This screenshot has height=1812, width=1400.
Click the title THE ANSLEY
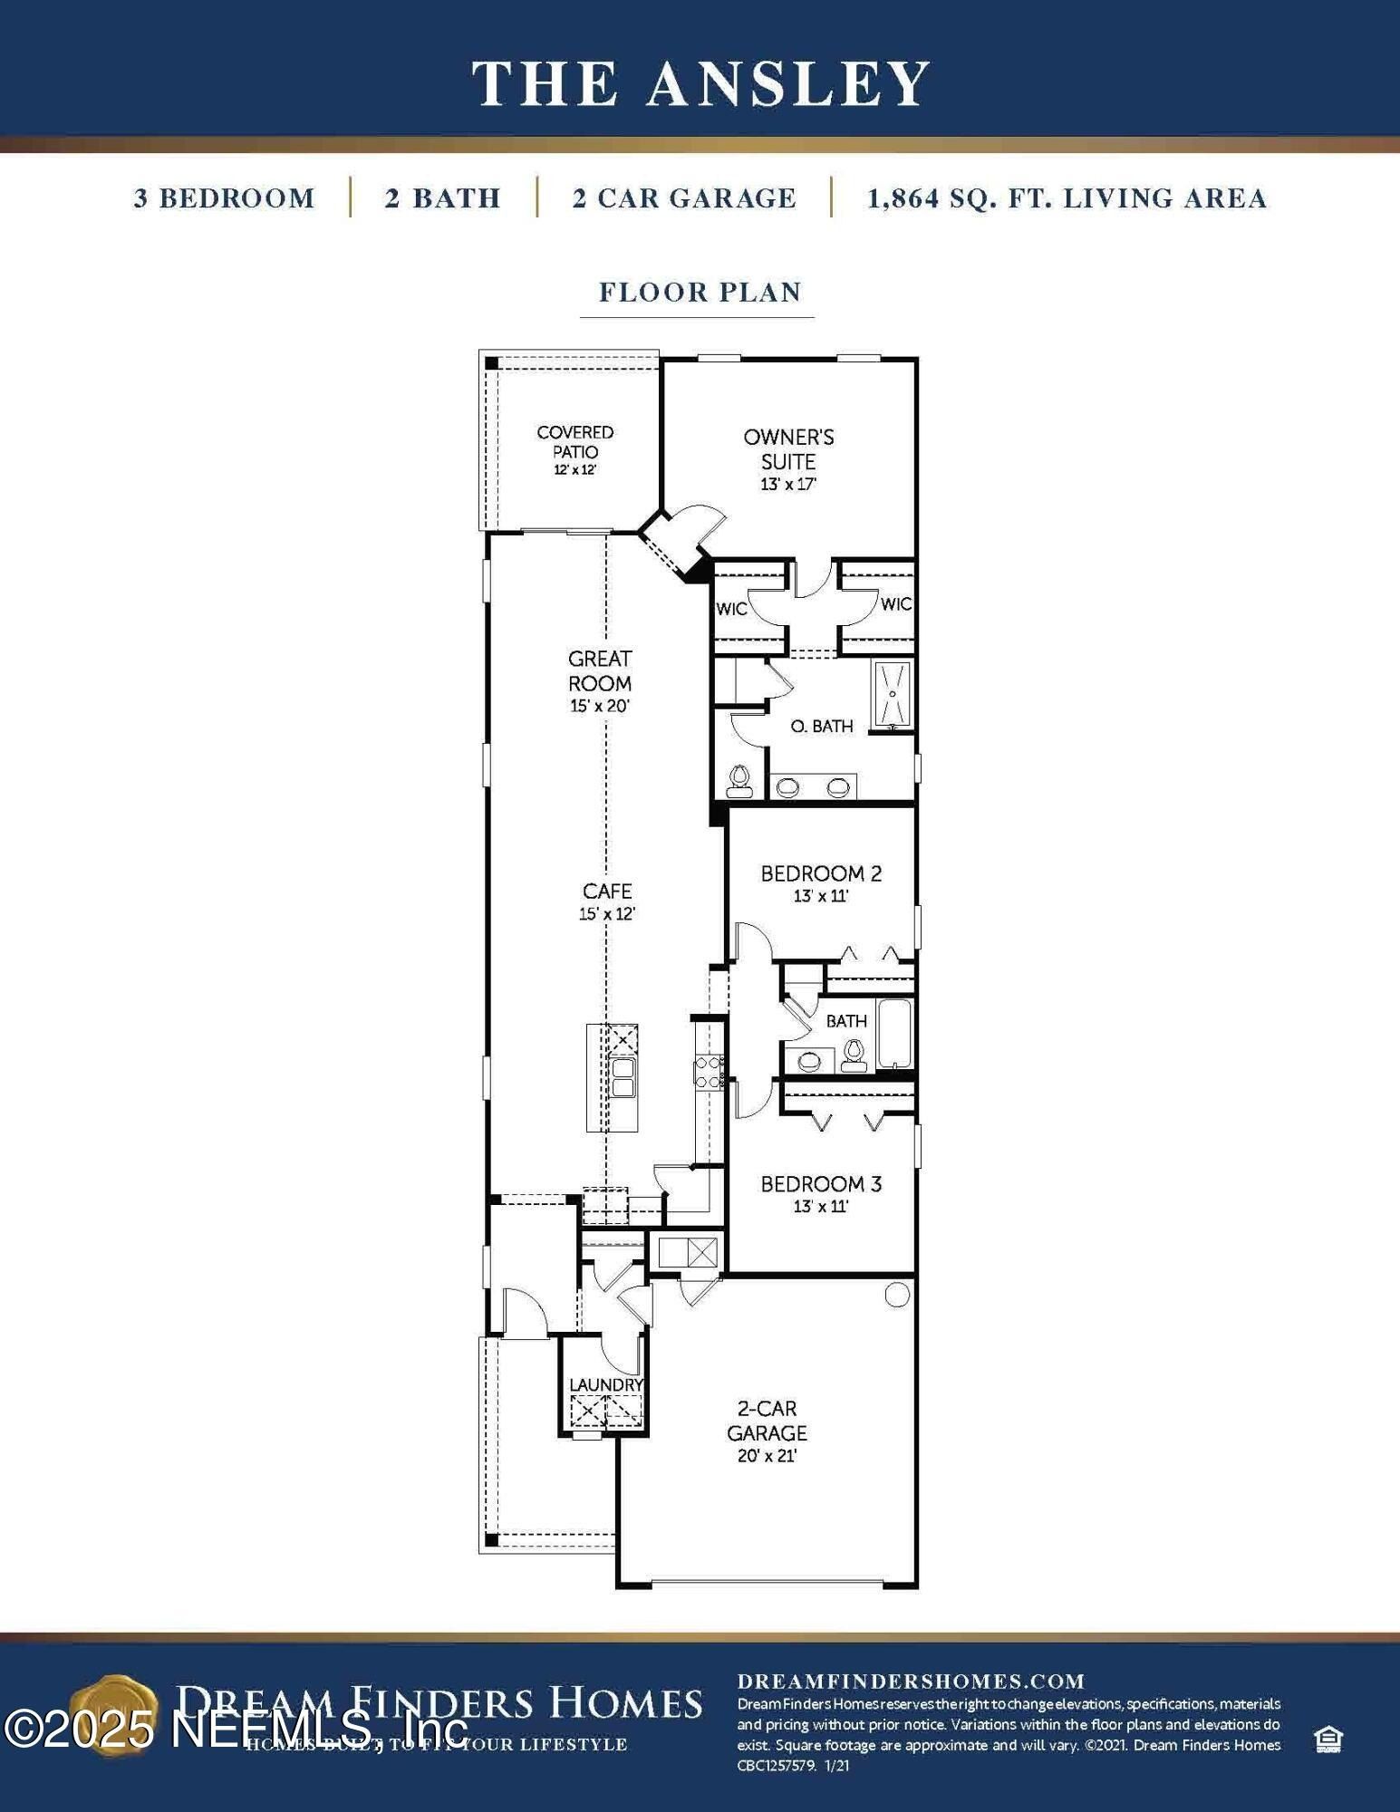700,83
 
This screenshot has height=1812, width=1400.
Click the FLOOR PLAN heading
700,293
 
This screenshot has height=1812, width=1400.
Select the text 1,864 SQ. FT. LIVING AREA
1067,198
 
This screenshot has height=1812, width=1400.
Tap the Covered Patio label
574,442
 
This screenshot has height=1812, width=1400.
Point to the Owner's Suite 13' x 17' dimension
788,485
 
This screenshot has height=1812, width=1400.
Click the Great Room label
600,670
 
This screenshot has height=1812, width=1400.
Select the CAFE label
607,892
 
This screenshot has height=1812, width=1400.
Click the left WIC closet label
730,609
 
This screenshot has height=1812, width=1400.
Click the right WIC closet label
895,604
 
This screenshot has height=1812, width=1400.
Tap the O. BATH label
821,726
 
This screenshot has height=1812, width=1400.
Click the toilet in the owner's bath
739,781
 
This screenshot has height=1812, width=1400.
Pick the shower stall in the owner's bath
893,696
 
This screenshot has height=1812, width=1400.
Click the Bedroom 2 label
821,873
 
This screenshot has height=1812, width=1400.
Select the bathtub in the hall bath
895,1033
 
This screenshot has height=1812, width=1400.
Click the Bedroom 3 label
821,1183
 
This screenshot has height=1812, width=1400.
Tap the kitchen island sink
623,1077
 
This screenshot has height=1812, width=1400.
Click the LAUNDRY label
605,1385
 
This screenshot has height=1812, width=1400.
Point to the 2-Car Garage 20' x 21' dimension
767,1456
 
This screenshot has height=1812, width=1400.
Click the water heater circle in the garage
896,1296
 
